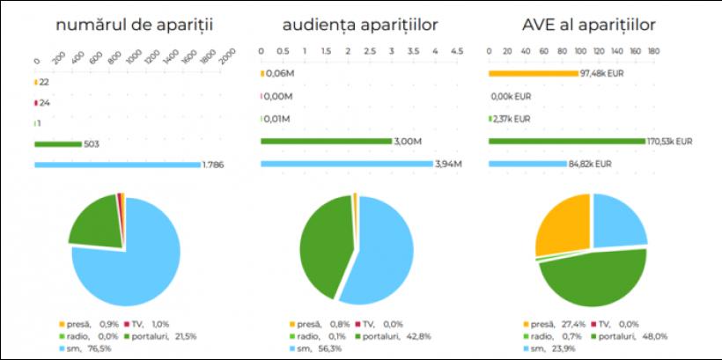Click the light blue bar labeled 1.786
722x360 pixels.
click(x=117, y=165)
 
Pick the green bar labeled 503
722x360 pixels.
click(x=57, y=143)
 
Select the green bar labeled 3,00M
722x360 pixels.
click(x=326, y=141)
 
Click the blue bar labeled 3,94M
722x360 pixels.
click(x=346, y=164)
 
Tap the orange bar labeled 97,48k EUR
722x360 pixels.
click(x=533, y=73)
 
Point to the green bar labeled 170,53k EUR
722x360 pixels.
click(x=567, y=141)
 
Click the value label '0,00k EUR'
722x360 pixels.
click(x=512, y=96)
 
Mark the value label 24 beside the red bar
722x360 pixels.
click(x=44, y=102)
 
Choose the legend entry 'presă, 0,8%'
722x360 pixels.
click(x=313, y=323)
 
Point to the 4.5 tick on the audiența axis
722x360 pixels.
click(x=457, y=53)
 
